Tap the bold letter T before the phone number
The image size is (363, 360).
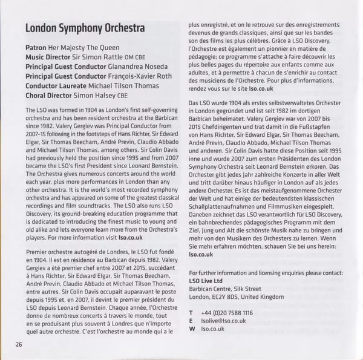(x=192, y=313)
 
